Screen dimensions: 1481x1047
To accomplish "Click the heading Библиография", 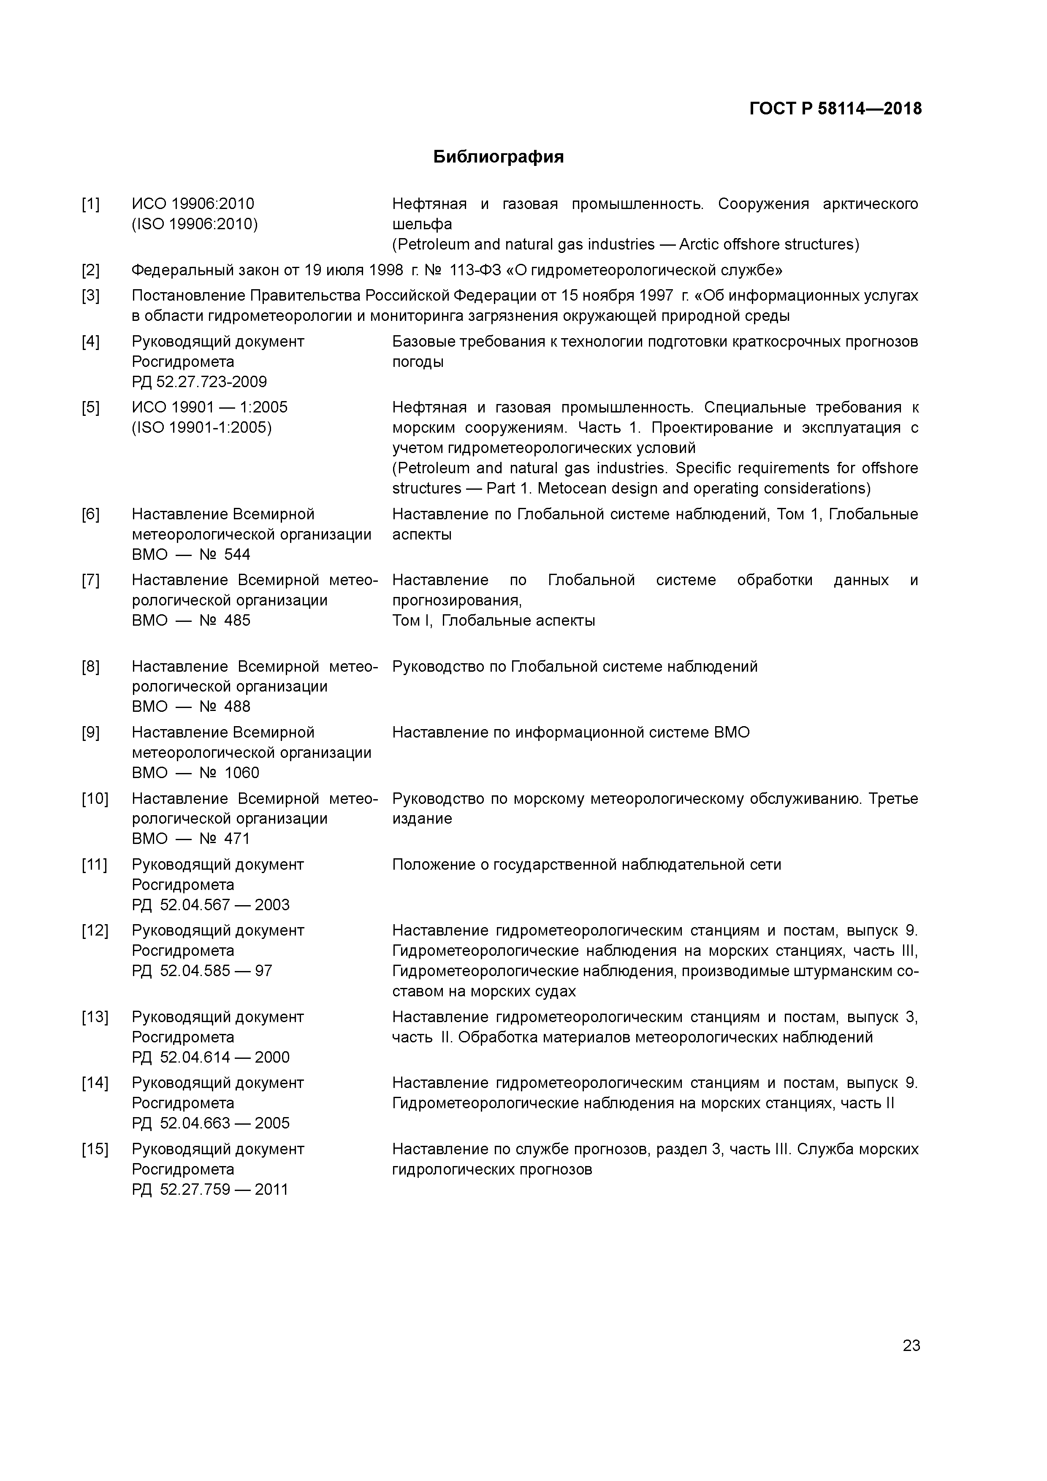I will (x=498, y=157).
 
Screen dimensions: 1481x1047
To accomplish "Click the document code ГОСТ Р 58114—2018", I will (x=835, y=109).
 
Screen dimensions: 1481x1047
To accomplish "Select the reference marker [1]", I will (x=90, y=204).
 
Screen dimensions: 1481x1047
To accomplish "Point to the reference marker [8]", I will (x=90, y=666).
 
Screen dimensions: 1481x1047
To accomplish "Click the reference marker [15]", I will (x=95, y=1149).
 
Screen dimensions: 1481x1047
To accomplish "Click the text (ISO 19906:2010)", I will (x=195, y=225).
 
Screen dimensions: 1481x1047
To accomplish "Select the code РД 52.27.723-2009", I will (x=199, y=382).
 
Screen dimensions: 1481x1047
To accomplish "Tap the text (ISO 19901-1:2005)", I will (x=201, y=428).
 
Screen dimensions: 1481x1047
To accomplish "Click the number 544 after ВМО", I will (x=237, y=555).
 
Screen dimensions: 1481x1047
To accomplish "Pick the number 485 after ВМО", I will (x=237, y=621).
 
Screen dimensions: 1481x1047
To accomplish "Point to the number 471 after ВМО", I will (x=237, y=838).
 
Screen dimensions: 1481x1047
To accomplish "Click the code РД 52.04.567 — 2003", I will (x=210, y=904).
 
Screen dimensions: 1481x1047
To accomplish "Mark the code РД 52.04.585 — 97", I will (x=202, y=971).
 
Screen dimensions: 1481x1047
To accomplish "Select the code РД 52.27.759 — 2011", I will (x=210, y=1189).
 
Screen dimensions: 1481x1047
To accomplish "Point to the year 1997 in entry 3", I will (x=656, y=296).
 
